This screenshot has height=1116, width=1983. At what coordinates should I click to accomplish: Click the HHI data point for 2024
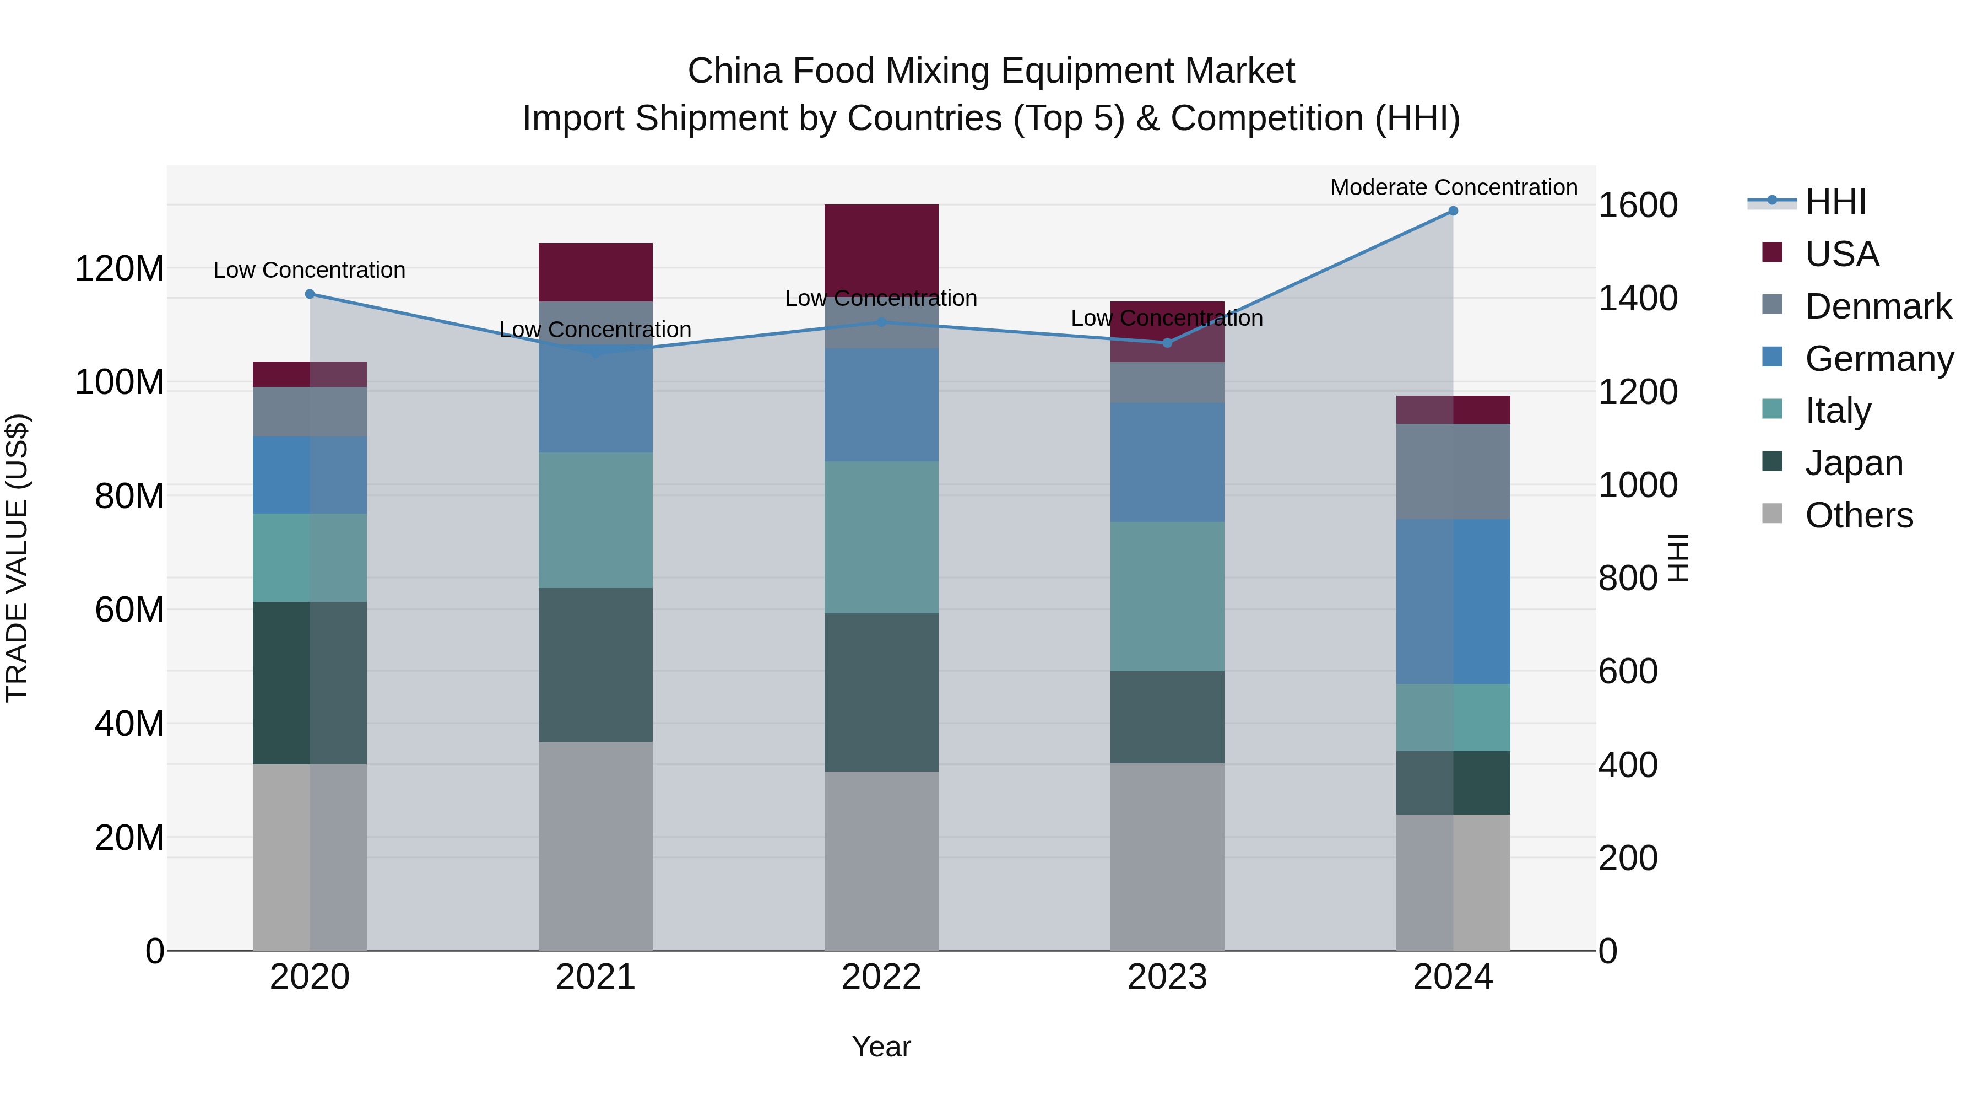pos(1453,211)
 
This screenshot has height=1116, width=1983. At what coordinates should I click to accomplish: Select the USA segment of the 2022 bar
pos(881,246)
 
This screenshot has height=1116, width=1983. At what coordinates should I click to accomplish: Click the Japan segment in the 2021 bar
pos(595,665)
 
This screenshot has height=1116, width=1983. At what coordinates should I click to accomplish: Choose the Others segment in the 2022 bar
pos(881,860)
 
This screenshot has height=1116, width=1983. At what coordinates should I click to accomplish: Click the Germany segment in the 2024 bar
pos(1453,601)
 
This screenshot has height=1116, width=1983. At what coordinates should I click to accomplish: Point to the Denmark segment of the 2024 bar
pos(1453,471)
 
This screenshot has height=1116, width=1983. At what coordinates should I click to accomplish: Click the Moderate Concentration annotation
pos(1453,188)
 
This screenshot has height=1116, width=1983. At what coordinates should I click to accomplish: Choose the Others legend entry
pos(1859,515)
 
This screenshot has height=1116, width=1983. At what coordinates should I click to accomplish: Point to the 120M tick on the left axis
pos(120,269)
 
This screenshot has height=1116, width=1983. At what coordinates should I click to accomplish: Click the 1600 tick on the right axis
pos(1638,206)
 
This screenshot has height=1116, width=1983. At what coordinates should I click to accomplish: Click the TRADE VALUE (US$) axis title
pos(17,558)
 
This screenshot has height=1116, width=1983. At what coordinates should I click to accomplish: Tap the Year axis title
pos(881,1047)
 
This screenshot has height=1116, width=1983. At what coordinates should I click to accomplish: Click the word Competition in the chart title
pos(1267,118)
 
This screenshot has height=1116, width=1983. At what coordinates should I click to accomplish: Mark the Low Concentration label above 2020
pos(310,271)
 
